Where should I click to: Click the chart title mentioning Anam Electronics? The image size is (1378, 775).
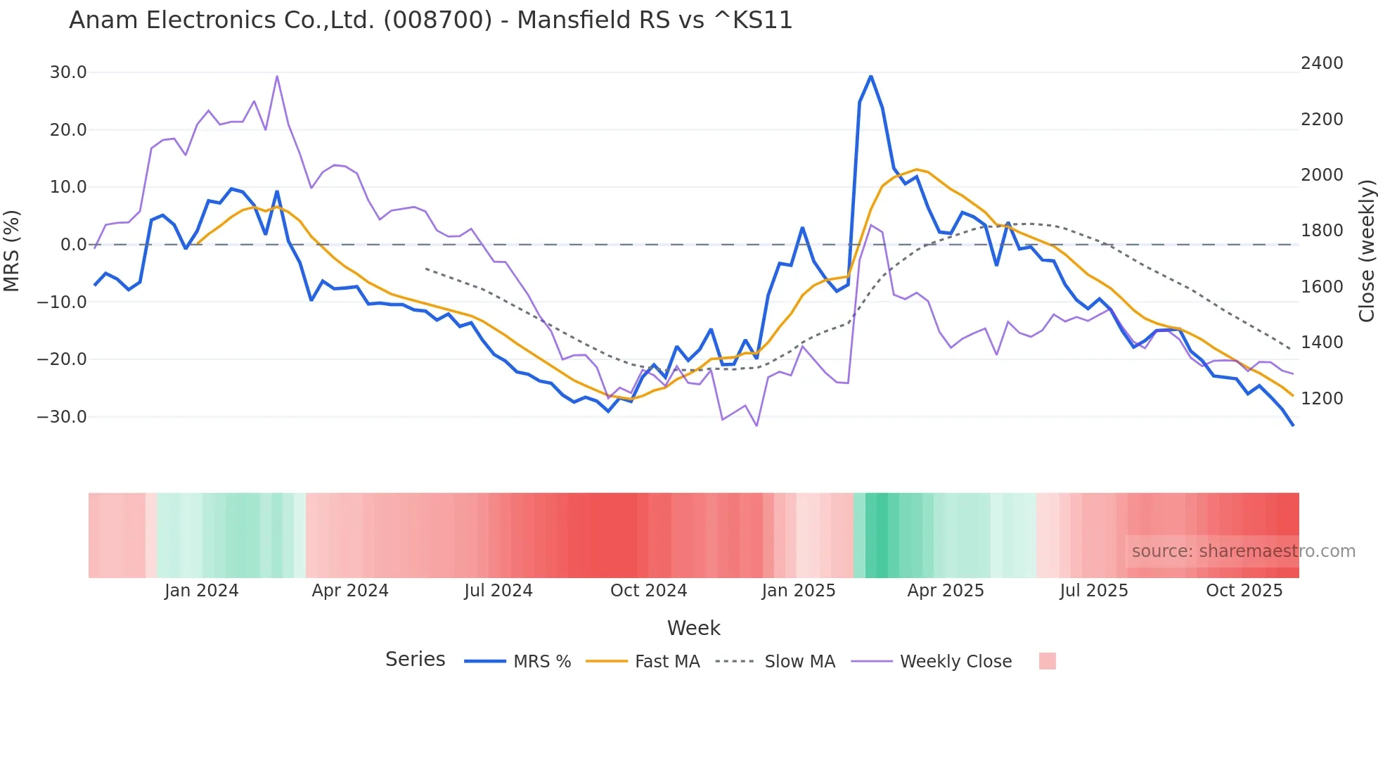tap(430, 20)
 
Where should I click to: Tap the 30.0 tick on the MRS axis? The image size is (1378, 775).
tap(68, 72)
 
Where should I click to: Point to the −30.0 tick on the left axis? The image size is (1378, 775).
tap(62, 416)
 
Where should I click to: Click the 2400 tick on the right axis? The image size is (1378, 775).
tap(1322, 63)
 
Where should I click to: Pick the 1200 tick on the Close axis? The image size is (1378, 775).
tap(1322, 399)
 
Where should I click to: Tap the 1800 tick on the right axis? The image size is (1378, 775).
tap(1322, 231)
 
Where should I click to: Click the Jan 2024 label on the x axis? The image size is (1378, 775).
tap(201, 591)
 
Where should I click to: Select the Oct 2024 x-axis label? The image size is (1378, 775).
tap(648, 591)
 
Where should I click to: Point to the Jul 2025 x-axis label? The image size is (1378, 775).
tap(1093, 591)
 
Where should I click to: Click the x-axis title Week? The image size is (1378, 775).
tap(693, 628)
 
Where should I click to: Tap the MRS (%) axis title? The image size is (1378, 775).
tap(11, 251)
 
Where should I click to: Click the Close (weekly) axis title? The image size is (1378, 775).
tap(1366, 251)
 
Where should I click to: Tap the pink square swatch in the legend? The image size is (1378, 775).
tap(1047, 661)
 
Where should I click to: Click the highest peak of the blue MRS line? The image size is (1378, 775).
tap(871, 76)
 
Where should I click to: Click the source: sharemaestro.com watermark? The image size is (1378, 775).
tap(1243, 551)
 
